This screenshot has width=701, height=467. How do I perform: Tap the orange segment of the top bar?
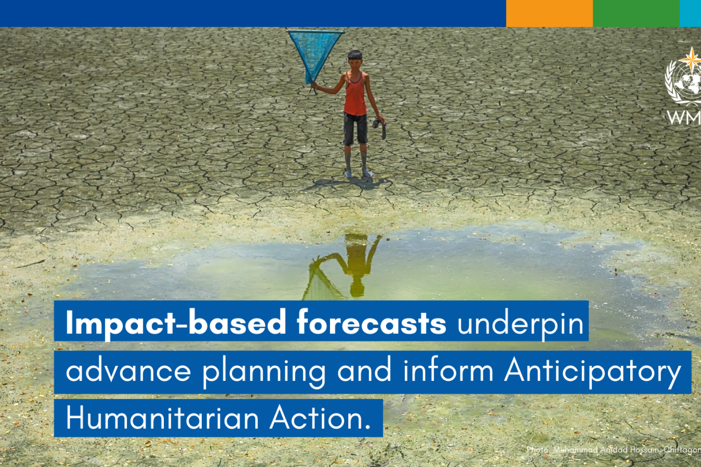coord(549,13)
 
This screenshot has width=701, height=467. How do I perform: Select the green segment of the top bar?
coord(636,13)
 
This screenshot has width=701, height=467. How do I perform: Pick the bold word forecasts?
coord(371,323)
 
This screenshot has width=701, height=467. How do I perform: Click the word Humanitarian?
coord(162,418)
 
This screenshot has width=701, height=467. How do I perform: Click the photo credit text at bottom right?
coord(613,450)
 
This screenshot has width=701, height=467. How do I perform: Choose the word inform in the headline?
coord(448,370)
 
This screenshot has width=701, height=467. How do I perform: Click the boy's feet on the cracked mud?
coord(357,174)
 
